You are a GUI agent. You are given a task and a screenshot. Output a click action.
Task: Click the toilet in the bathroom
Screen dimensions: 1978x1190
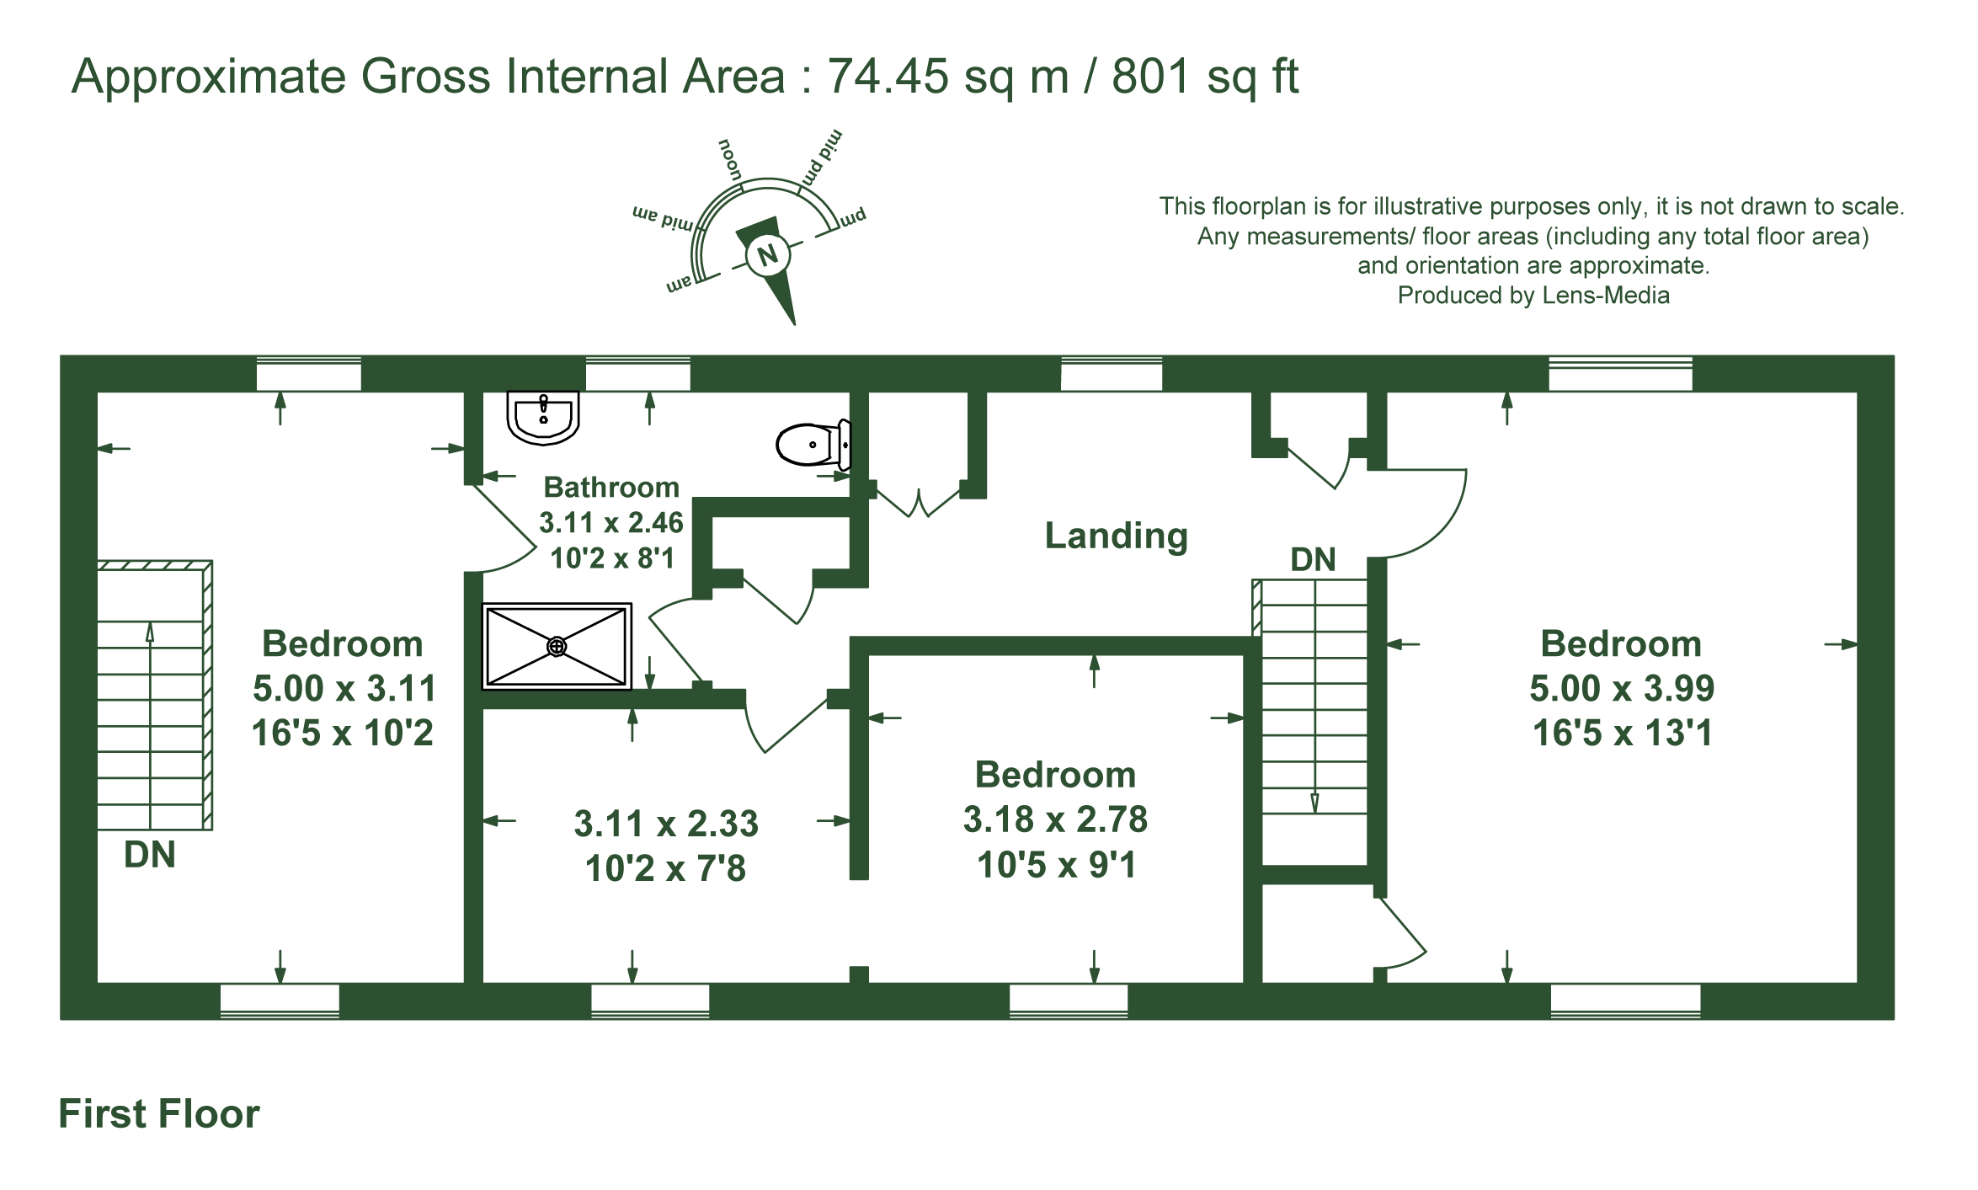click(813, 444)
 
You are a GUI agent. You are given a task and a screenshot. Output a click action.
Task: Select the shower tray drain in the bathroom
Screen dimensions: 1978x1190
click(557, 646)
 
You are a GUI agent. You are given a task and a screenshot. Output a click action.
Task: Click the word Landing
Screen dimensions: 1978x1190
click(1116, 536)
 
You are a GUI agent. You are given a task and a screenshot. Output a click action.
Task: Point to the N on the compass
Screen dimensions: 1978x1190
click(767, 255)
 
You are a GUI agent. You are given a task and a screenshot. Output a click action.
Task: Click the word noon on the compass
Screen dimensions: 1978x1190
click(730, 159)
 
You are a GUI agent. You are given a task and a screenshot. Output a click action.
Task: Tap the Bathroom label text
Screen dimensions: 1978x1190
click(611, 487)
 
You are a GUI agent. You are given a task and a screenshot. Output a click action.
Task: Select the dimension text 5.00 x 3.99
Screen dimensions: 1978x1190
click(1622, 688)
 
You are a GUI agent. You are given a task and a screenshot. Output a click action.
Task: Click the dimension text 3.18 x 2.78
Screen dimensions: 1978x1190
click(1055, 819)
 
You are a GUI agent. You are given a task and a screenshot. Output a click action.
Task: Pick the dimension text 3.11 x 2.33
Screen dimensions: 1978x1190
click(666, 824)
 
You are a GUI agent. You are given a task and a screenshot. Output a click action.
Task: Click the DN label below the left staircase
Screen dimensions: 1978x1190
click(150, 855)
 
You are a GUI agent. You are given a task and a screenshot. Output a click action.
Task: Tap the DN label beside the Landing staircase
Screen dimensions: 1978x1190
click(1313, 559)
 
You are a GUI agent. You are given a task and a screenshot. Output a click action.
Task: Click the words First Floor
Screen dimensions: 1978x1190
click(159, 1113)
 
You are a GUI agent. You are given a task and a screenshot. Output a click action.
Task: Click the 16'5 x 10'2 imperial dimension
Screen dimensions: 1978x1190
click(343, 733)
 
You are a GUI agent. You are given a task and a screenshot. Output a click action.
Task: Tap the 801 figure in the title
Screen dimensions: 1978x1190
click(1151, 76)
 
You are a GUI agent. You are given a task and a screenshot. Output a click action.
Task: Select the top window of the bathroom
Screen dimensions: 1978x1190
click(637, 374)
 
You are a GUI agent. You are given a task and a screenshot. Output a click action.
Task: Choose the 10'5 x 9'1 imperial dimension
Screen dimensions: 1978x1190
click(1057, 865)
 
